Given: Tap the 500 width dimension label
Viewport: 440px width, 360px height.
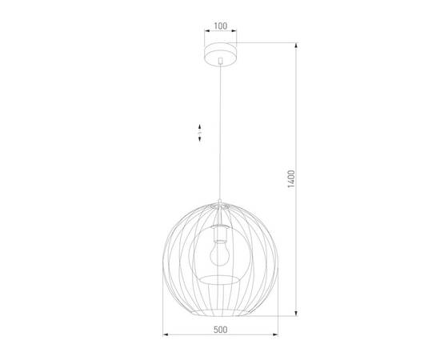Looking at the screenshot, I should (x=221, y=328).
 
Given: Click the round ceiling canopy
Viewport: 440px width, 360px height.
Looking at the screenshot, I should (x=220, y=55).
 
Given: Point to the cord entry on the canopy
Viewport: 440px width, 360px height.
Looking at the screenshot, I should (x=220, y=65).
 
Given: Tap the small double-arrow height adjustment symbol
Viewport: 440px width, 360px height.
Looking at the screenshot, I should (x=200, y=133).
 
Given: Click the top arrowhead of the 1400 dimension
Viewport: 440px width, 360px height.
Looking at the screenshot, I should (x=298, y=46).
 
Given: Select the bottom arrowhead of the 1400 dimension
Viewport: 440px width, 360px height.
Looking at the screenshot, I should (x=298, y=314).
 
